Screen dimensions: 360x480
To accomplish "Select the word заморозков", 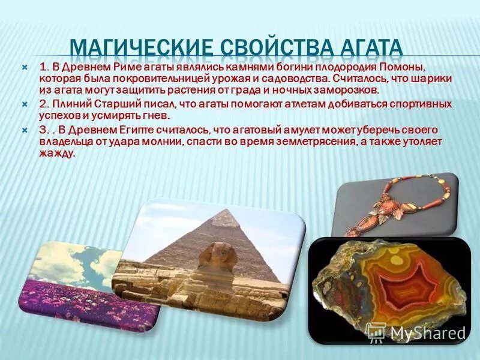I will [348, 90].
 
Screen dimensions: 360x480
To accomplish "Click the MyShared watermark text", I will [427, 334].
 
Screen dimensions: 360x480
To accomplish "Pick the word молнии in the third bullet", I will [164, 142].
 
